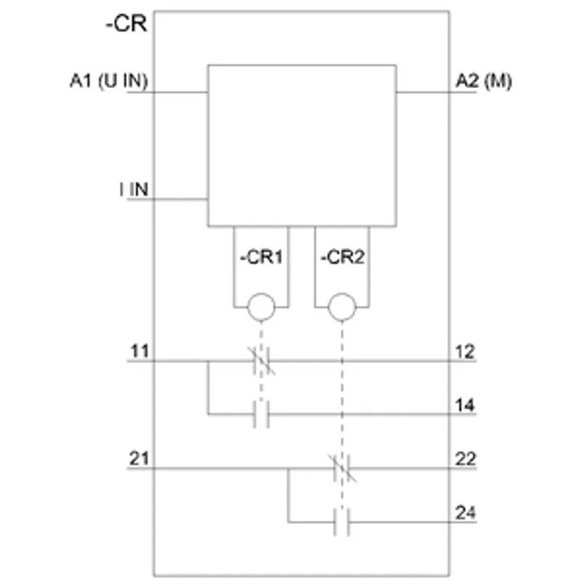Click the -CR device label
tap(126, 24)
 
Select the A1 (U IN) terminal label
tap(109, 81)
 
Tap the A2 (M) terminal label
tap(484, 81)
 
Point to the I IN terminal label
tap(134, 190)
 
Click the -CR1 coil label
tap(261, 257)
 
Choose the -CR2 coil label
tap(343, 257)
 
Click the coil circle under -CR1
tap(261, 306)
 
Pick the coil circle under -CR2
tap(342, 306)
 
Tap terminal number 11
tap(139, 351)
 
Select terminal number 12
tap(465, 352)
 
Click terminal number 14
tap(465, 405)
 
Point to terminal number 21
tap(139, 458)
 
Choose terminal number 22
tap(466, 459)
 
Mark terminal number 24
tap(466, 513)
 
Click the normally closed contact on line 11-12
tap(261, 360)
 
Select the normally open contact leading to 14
tap(261, 414)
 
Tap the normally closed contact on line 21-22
tap(342, 468)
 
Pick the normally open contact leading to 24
tap(341, 522)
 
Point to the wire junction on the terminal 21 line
tap(288, 468)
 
